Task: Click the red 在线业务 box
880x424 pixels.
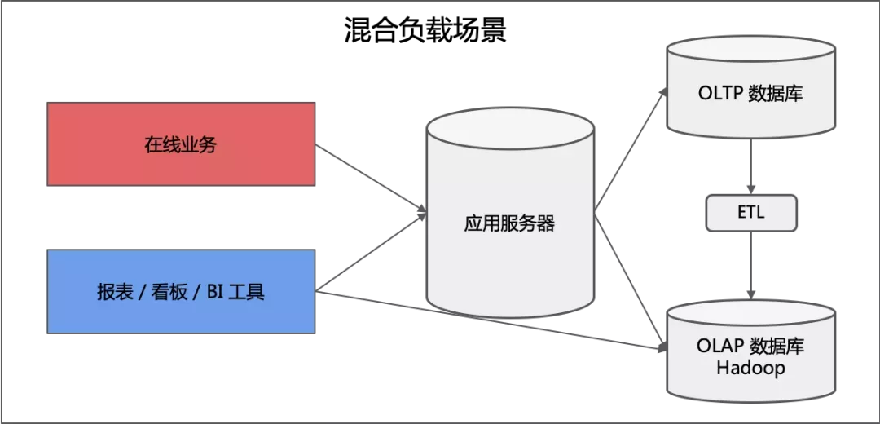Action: tap(181, 144)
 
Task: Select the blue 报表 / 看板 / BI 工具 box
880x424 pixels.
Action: tap(181, 291)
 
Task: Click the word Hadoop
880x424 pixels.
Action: tap(750, 369)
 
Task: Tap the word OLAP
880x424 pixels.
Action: tap(719, 346)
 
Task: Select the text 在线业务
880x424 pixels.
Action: tap(181, 145)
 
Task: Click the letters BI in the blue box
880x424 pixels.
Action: tap(214, 292)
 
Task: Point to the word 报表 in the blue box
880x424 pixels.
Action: tap(112, 292)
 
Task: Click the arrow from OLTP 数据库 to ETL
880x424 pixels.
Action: tap(750, 167)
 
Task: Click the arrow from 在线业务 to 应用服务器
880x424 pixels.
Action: tap(371, 179)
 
